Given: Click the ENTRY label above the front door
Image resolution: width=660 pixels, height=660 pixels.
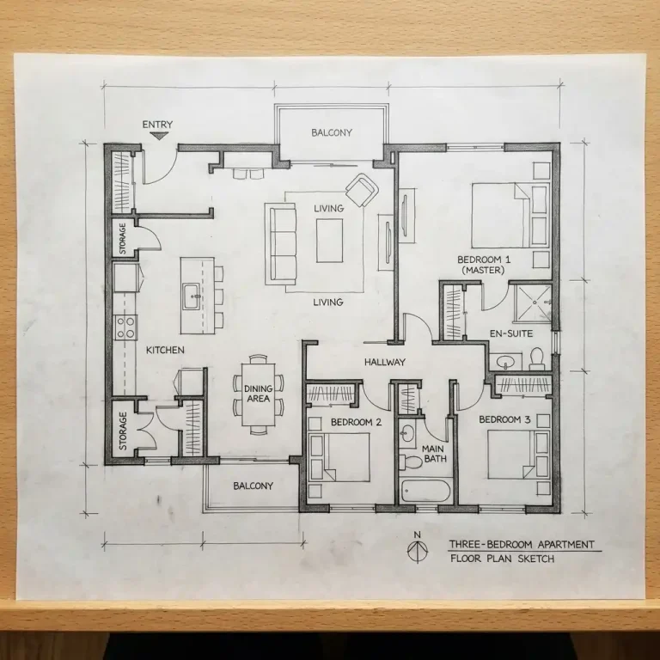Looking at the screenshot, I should coord(157,125).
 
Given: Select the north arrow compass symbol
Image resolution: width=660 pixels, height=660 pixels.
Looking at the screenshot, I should coord(417,550).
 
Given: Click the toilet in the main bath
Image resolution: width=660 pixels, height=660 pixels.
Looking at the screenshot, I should coord(413,461).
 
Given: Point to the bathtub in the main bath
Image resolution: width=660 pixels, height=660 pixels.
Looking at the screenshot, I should coord(425,492).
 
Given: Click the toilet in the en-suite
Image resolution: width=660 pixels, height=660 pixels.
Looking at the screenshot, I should coord(537,357).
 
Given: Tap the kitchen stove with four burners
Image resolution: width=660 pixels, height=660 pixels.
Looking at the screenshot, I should coord(126,327).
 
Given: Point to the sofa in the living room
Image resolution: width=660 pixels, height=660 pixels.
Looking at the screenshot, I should coord(279,242).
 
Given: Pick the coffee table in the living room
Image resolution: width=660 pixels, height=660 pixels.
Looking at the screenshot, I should coord(329,241).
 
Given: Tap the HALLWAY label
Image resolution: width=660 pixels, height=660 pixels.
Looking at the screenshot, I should coord(384,362).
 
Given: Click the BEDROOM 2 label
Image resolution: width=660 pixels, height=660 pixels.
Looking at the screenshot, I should coord(356,422).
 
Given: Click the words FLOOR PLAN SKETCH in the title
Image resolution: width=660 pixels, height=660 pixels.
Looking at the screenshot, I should coord(502,559).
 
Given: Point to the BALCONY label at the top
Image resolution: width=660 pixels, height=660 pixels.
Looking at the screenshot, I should coord(331,132).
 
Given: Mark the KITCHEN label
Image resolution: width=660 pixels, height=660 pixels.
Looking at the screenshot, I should coord(165,350).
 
